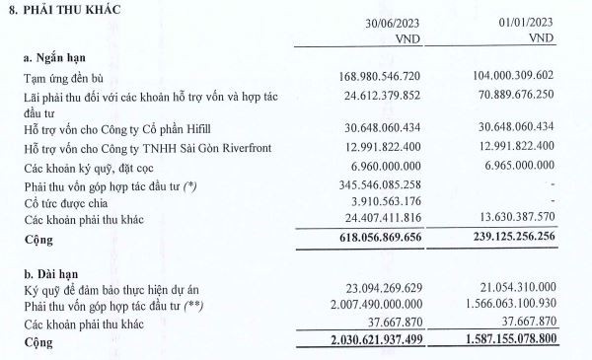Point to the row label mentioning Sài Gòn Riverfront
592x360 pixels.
pyautogui.click(x=149, y=149)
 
